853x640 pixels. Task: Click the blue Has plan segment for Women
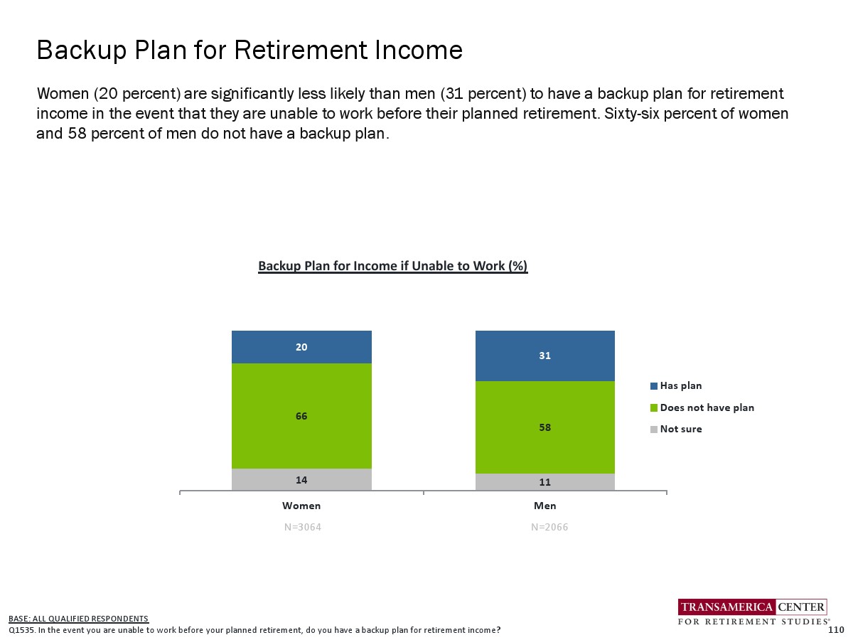[301, 346]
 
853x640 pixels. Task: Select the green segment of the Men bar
[544, 427]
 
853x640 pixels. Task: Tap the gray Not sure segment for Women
[301, 479]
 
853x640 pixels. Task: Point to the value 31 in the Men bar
[544, 356]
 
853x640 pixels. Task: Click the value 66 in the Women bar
[301, 416]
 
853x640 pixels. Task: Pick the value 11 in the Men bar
[544, 482]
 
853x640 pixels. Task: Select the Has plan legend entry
[676, 385]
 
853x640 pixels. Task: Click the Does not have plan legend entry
[702, 407]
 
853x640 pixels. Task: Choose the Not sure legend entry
[676, 429]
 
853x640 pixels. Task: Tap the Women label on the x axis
[301, 506]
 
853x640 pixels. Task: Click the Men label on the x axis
[544, 506]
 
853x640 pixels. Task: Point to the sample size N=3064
[302, 527]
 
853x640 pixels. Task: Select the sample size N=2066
[549, 527]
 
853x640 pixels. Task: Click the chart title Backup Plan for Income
[392, 266]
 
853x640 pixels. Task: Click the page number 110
[836, 629]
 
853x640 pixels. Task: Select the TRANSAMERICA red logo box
[726, 607]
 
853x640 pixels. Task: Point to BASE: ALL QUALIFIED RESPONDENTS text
[78, 618]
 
